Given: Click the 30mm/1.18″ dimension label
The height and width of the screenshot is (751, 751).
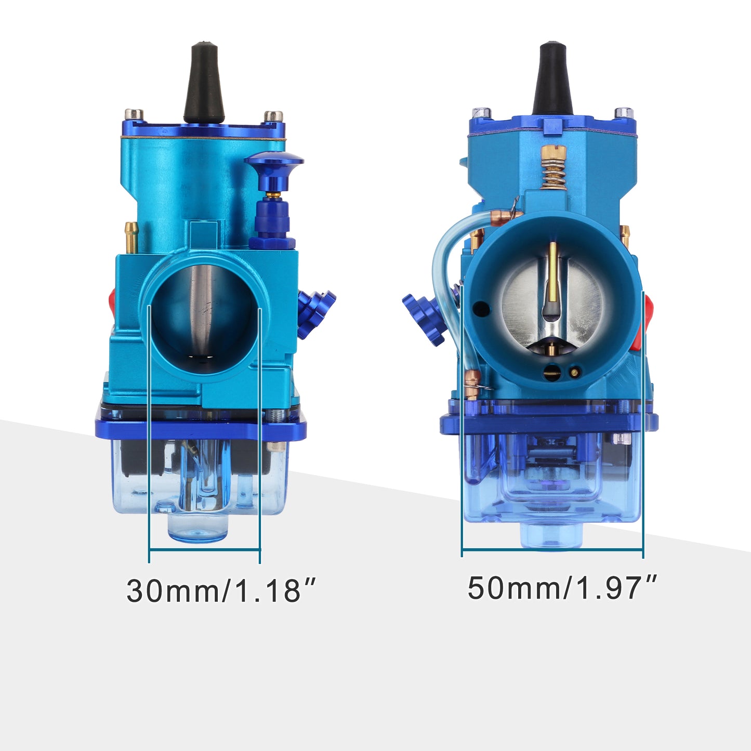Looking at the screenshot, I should (x=220, y=590).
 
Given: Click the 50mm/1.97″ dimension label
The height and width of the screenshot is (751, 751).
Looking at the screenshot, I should (x=562, y=588).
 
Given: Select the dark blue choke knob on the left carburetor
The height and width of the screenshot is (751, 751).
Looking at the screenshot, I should (x=274, y=161).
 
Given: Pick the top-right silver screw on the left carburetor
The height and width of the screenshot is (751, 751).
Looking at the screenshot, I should (x=273, y=116).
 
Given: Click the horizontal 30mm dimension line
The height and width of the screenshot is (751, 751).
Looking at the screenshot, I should (x=204, y=550).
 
